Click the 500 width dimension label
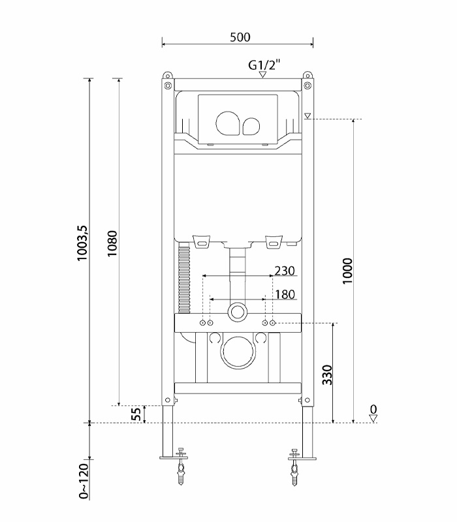pyautogui.click(x=240, y=37)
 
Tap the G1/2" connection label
pyautogui.click(x=264, y=65)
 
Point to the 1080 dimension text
pyautogui.click(x=112, y=243)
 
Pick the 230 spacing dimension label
pyautogui.click(x=285, y=270)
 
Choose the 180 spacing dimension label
pyautogui.click(x=285, y=295)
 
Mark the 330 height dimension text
pyautogui.click(x=328, y=374)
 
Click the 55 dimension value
pyautogui.click(x=136, y=414)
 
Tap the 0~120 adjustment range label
pyautogui.click(x=84, y=480)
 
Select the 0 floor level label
pyautogui.click(x=373, y=410)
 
